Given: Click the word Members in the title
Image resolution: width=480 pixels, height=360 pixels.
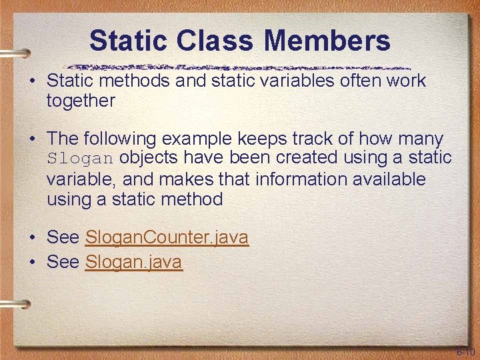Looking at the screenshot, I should [x=327, y=41].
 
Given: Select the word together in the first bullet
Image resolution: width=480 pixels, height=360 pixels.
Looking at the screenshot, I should [x=81, y=101].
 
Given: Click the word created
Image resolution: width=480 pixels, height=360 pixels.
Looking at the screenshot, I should [x=301, y=159].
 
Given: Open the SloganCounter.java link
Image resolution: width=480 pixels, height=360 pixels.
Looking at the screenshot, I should [x=167, y=237].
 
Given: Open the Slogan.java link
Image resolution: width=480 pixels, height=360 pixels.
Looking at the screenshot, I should [x=133, y=262].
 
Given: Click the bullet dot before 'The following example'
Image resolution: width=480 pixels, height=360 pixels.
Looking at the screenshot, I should [x=32, y=139].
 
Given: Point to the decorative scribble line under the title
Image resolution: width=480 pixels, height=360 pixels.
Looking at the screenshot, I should [x=240, y=67].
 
